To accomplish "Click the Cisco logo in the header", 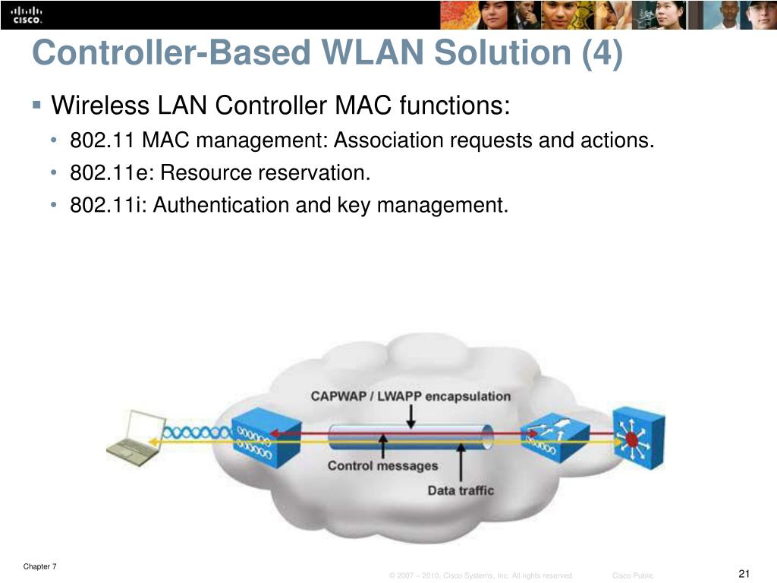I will pos(27,14).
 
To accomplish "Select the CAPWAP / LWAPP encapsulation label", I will pos(411,396).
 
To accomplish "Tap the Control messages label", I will pos(382,465).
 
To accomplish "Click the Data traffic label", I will pos(461,490).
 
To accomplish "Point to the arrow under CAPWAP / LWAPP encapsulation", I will pos(411,415).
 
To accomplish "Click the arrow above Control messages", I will pos(383,445).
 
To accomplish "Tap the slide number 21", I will pos(744,572).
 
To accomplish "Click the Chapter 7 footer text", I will pos(39,566).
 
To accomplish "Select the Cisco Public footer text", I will pos(633,576).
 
